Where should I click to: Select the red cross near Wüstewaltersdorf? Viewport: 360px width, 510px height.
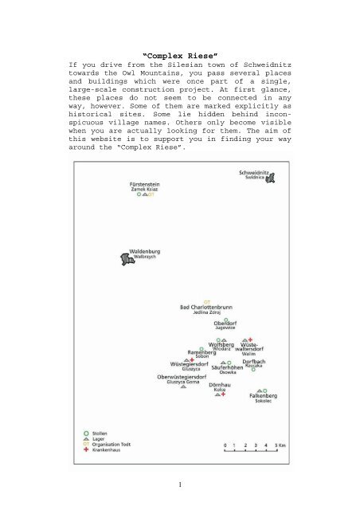250,339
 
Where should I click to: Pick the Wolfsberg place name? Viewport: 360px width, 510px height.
221,344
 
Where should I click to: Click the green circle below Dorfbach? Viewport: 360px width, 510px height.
253,369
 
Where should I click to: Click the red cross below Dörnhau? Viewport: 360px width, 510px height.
224,394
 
